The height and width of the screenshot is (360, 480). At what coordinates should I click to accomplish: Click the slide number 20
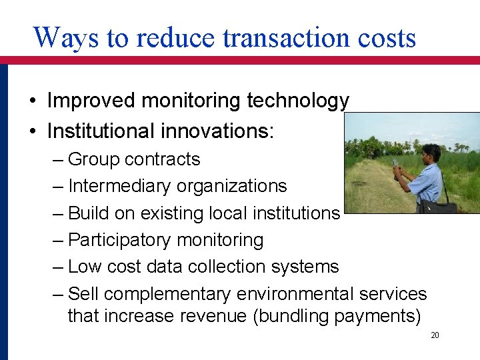click(435, 335)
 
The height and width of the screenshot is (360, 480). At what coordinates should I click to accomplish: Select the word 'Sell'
click(84, 294)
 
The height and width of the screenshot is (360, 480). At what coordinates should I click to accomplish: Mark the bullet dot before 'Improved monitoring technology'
click(33, 101)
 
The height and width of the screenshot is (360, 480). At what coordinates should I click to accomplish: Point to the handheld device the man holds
click(395, 164)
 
